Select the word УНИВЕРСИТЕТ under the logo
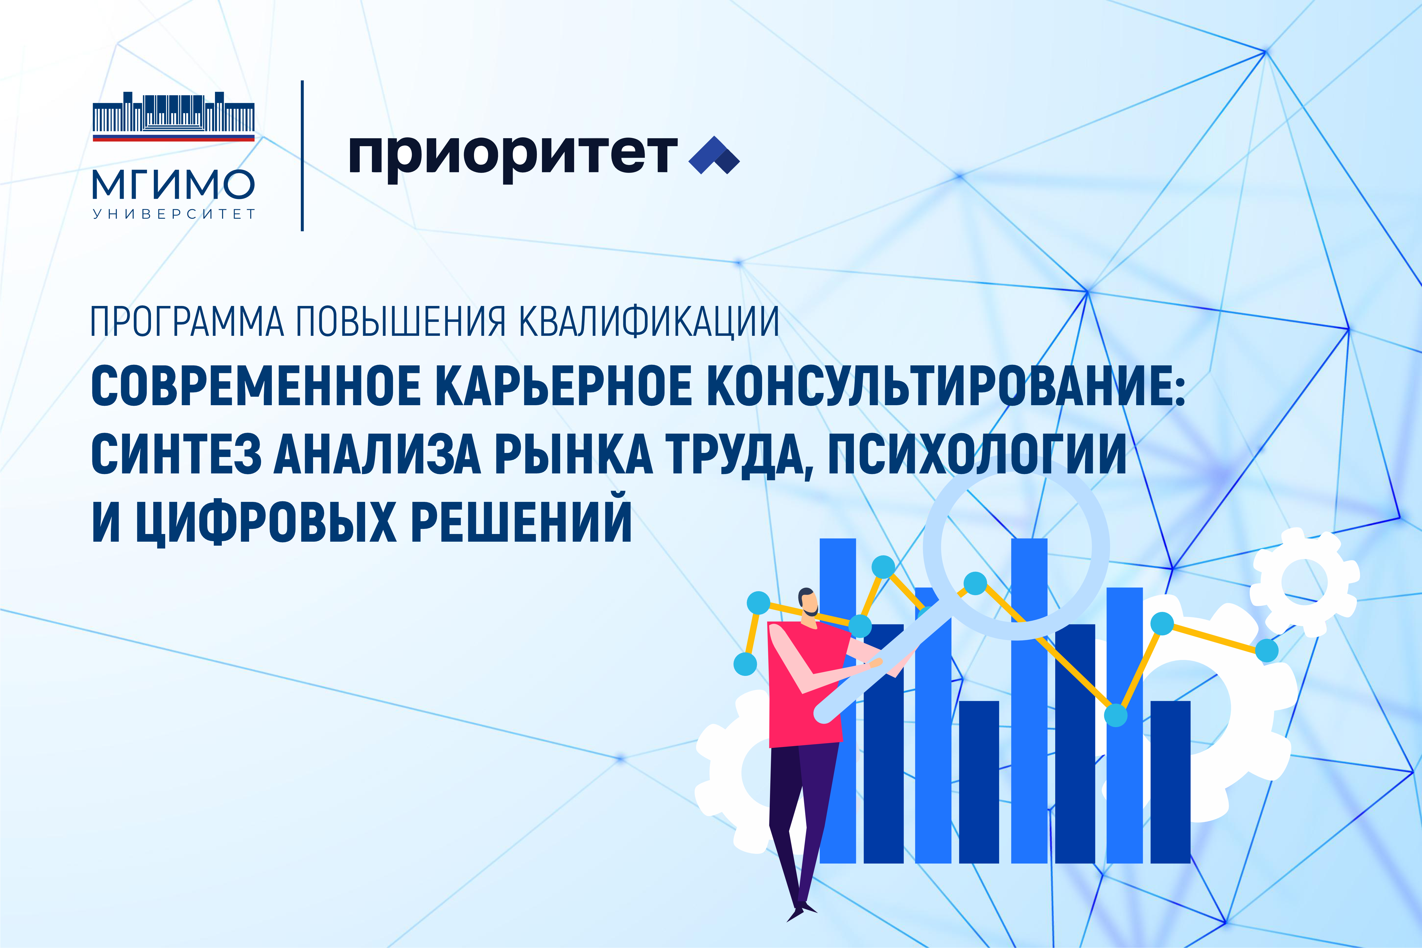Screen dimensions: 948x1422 tap(173, 214)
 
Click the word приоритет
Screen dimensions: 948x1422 tap(513, 156)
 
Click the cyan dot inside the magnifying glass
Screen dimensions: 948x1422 tap(975, 583)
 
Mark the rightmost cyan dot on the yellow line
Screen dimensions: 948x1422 tap(1267, 651)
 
